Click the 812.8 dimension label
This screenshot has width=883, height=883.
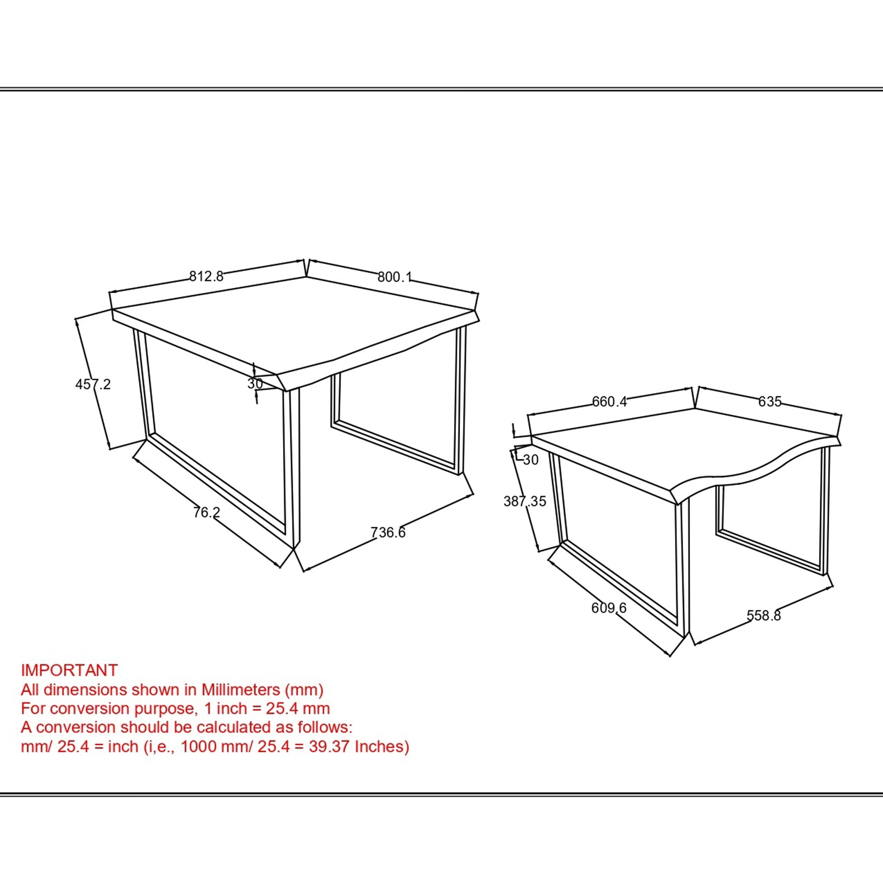click(x=207, y=276)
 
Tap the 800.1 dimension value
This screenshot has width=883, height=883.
click(x=394, y=277)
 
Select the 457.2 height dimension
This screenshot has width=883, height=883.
click(x=93, y=384)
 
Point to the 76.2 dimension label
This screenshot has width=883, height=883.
click(x=207, y=512)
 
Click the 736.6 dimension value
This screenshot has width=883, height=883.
click(x=388, y=532)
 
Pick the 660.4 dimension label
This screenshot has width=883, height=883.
click(x=610, y=401)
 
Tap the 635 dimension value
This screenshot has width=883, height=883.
click(x=770, y=401)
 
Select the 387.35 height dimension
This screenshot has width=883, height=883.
click(x=525, y=502)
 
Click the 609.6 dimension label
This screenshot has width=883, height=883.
click(x=609, y=608)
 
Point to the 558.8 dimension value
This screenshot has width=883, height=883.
click(x=764, y=615)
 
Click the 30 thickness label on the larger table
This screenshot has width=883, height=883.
click(x=255, y=384)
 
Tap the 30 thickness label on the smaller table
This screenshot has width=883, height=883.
click(x=530, y=460)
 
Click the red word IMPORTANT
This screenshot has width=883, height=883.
click(x=69, y=671)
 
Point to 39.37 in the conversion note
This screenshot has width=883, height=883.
click(x=329, y=746)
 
